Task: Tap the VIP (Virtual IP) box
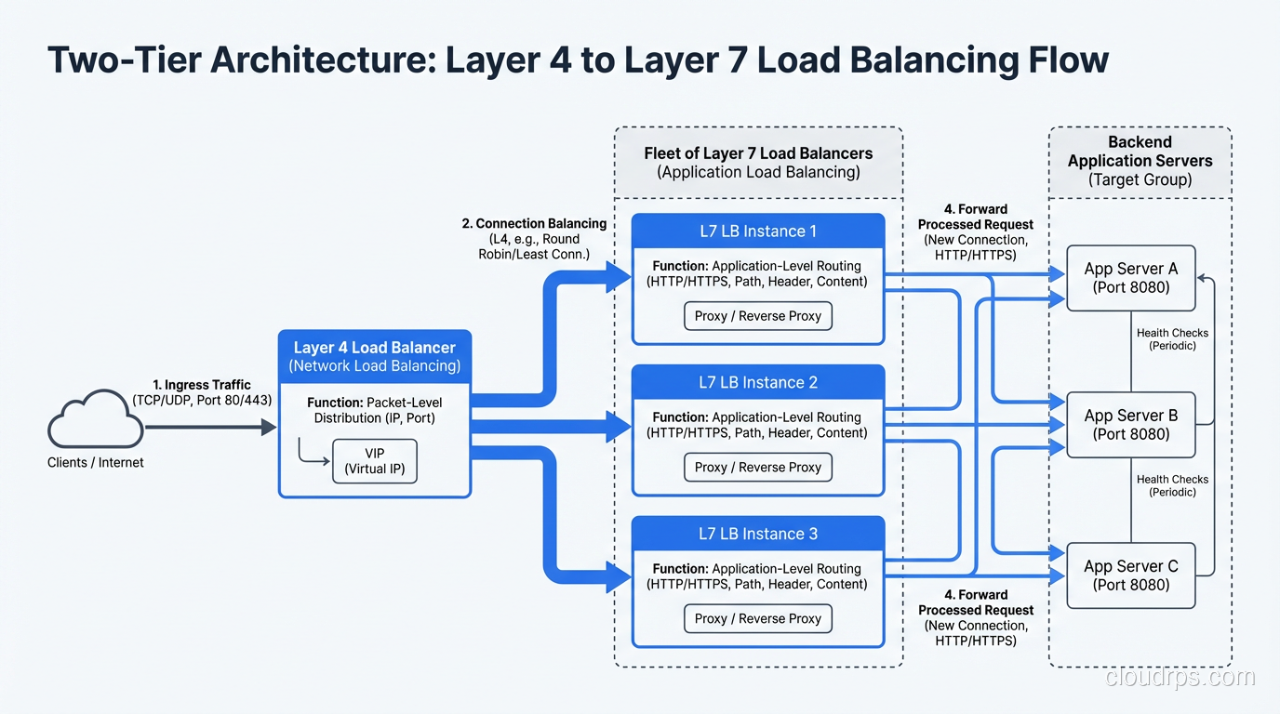[375, 460]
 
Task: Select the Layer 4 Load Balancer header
[375, 356]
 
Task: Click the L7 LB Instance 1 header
[758, 231]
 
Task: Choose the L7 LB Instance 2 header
[758, 382]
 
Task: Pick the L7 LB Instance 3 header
[758, 534]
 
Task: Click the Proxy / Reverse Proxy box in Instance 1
[758, 316]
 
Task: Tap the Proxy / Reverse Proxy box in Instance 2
[758, 468]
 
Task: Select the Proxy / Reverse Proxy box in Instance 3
[758, 619]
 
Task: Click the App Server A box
[1130, 278]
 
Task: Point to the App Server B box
[1130, 425]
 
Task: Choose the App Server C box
[1130, 575]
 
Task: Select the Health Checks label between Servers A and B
[1172, 339]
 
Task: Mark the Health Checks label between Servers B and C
[1172, 485]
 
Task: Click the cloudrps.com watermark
[1180, 677]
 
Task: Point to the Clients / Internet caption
[96, 462]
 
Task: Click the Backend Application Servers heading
[1140, 161]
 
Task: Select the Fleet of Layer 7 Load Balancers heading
[758, 163]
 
